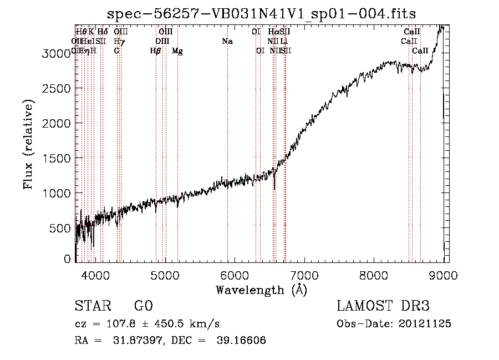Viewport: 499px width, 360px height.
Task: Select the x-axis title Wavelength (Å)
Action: click(261, 290)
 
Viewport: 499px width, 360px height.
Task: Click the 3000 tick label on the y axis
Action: click(58, 53)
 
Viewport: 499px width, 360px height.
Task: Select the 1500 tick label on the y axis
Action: click(58, 158)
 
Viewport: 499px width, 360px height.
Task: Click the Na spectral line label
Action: click(227, 41)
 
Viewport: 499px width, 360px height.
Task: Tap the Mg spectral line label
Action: click(177, 50)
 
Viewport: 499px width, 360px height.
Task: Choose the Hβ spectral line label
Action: click(156, 50)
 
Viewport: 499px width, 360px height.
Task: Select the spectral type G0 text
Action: click(143, 306)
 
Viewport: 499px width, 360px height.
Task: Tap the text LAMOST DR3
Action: click(383, 306)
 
